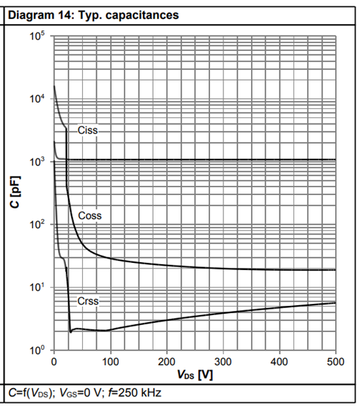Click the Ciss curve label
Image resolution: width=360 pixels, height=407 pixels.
88,130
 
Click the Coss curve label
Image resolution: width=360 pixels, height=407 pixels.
90,216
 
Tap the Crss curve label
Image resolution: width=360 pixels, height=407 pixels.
88,301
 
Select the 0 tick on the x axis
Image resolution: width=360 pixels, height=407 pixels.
54,362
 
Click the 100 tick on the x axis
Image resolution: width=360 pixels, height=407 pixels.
110,362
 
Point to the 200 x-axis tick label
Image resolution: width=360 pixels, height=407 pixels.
167,362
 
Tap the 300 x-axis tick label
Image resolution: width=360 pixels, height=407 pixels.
223,362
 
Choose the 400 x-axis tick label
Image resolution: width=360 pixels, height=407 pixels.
279,362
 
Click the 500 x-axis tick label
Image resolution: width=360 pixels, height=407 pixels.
336,362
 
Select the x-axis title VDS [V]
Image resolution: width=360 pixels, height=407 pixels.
195,374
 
